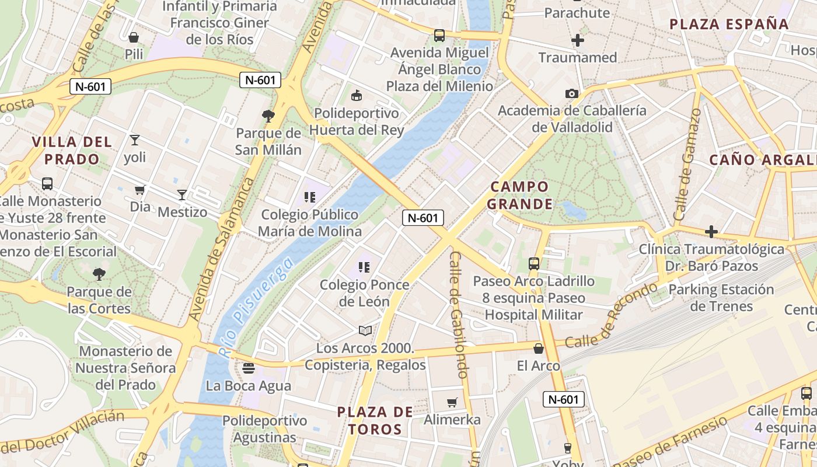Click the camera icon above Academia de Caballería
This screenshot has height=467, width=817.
point(571,93)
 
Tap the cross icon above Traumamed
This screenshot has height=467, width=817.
point(578,40)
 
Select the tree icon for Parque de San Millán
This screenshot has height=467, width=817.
point(268,116)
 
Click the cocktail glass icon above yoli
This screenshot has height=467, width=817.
point(135,140)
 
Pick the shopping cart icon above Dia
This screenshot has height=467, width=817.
point(140,190)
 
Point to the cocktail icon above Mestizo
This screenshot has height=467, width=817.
point(182,195)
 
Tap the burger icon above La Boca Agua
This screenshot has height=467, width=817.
point(249,368)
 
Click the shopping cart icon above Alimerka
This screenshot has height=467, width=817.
point(452,402)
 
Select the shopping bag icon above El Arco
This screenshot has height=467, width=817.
point(539,348)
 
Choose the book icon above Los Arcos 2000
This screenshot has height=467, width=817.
point(365,331)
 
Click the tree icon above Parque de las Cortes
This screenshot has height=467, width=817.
point(99,274)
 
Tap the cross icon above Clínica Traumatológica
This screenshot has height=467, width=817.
point(711,232)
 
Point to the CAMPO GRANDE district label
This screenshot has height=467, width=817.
point(519,195)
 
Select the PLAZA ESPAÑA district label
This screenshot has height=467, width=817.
point(729,25)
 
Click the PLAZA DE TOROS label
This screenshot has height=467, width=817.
point(375,420)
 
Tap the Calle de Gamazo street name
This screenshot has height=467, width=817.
point(687,164)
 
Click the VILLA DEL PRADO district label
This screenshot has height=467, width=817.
point(72,150)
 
